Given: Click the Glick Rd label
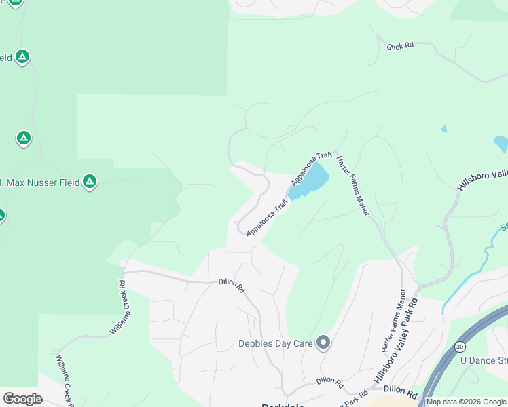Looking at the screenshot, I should pos(401,45).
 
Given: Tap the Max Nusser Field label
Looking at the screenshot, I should pos(41,182).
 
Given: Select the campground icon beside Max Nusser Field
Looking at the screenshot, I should pos(90,182).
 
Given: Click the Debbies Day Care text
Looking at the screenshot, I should pos(275,343).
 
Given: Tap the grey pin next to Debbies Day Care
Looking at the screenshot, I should pos(323,343).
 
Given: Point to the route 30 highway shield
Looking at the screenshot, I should pos(461,347).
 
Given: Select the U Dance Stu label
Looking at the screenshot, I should pos(484,360).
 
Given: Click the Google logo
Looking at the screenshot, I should pos(22,398).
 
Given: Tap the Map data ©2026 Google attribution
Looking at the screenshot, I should pos(466,402).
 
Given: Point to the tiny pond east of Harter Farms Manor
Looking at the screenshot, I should pos(444,128).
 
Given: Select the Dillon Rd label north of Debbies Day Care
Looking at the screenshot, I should pos(232,284).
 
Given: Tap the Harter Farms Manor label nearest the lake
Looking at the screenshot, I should pos(353,185).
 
